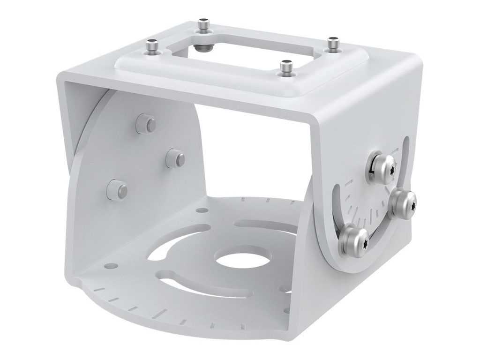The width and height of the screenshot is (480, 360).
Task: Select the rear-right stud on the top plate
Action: pos(333,43)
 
